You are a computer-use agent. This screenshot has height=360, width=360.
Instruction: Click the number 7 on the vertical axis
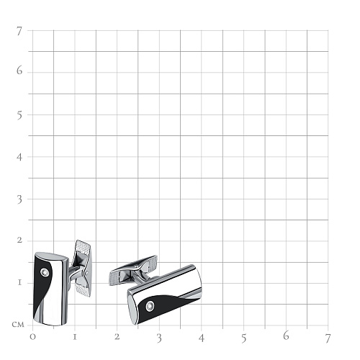coord(19,31)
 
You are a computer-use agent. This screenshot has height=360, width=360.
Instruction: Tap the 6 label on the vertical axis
coord(19,71)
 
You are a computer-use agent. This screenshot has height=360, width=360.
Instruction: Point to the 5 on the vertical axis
coord(19,116)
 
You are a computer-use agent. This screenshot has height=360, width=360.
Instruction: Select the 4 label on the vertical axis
coord(19,158)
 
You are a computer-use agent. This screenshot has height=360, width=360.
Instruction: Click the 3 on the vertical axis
coord(19,199)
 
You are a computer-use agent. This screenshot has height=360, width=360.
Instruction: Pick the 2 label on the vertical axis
coord(19,240)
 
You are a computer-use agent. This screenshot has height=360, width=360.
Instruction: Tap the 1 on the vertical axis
coord(19,282)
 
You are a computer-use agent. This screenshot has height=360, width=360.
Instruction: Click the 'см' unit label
coord(18,325)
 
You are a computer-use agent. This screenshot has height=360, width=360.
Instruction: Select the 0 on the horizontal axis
coord(32,337)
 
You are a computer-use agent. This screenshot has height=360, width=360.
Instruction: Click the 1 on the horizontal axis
coord(75,337)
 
